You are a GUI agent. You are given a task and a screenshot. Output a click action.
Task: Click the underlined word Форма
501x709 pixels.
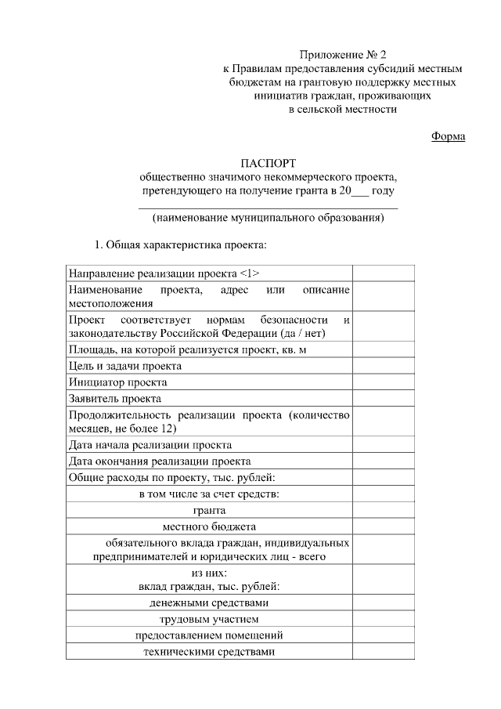click(x=449, y=136)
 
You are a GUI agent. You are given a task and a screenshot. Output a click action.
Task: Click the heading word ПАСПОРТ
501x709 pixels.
click(x=268, y=164)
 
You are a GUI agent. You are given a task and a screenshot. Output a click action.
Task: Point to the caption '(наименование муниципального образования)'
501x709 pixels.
click(x=268, y=218)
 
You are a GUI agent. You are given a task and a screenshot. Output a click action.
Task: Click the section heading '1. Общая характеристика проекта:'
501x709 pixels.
click(x=181, y=244)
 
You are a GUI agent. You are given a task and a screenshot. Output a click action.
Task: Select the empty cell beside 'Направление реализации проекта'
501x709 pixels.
click(x=384, y=273)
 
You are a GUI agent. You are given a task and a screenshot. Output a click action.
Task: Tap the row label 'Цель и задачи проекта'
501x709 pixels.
click(x=125, y=366)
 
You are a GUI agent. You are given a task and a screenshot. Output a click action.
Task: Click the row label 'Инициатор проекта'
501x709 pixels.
click(x=118, y=382)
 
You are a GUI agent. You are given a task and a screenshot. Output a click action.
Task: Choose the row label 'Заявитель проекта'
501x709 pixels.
click(x=115, y=399)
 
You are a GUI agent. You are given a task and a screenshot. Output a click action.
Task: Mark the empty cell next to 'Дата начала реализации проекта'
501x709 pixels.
click(x=384, y=444)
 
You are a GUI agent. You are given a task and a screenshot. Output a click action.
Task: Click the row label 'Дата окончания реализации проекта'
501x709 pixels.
click(x=160, y=461)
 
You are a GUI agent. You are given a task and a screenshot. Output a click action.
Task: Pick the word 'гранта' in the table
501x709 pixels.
click(x=209, y=509)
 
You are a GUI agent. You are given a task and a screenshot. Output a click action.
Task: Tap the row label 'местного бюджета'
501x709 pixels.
click(x=209, y=526)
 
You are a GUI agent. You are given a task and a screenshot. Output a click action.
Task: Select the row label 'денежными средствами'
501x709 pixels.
click(x=209, y=602)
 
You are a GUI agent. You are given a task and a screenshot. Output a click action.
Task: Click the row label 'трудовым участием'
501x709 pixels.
click(x=209, y=619)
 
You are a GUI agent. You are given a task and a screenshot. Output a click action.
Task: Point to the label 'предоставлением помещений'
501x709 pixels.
click(x=209, y=635)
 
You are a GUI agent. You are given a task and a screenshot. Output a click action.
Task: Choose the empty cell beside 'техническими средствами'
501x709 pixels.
click(x=384, y=651)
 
